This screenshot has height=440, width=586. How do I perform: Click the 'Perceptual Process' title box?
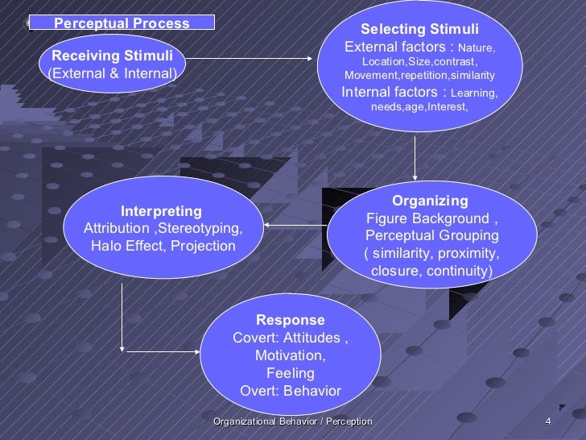coord(122,23)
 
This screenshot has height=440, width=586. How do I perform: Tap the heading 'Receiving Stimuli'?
coord(111,56)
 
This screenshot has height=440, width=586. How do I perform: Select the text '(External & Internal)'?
coord(111,74)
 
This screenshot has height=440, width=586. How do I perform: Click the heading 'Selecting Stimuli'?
coord(419,30)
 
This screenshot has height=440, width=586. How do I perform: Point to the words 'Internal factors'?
coord(394,92)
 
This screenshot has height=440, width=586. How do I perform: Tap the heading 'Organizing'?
coord(430,201)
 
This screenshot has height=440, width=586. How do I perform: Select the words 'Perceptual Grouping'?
coord(431,236)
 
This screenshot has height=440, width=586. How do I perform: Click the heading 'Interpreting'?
coord(161,211)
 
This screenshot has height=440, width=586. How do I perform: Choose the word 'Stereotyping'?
coord(201,229)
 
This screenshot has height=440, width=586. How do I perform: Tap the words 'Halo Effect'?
coord(126,246)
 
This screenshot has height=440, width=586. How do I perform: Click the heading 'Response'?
coord(291,320)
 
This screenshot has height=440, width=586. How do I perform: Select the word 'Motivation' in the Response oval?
coord(289,355)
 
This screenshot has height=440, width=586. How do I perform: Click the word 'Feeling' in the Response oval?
coord(290,373)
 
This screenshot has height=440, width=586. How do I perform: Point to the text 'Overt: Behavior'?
coord(291,391)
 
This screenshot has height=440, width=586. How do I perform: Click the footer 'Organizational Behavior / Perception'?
coord(293,421)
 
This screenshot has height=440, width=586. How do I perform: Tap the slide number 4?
coord(547,421)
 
